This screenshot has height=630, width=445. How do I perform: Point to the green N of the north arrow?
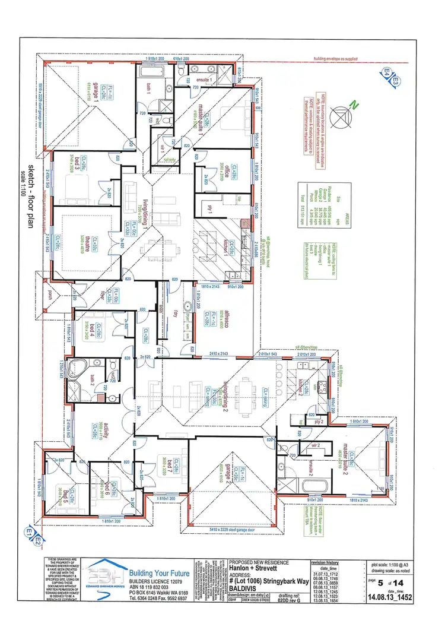[353, 106]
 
